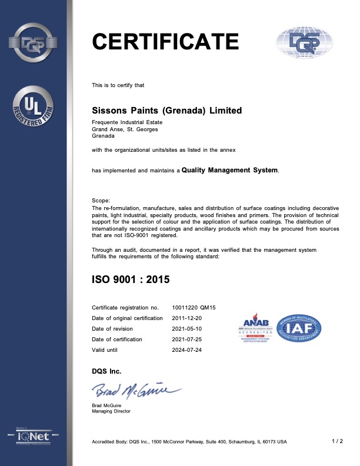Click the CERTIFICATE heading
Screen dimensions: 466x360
165,41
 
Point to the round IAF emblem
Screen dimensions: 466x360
299,327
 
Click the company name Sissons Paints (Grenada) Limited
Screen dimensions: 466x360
167,110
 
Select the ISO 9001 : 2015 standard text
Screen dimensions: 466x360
131,279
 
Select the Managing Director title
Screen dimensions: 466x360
111,411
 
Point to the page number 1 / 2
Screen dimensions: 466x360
338,441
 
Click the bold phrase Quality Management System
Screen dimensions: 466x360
229,170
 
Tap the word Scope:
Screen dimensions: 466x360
101,201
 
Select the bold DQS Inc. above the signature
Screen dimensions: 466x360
106,371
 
